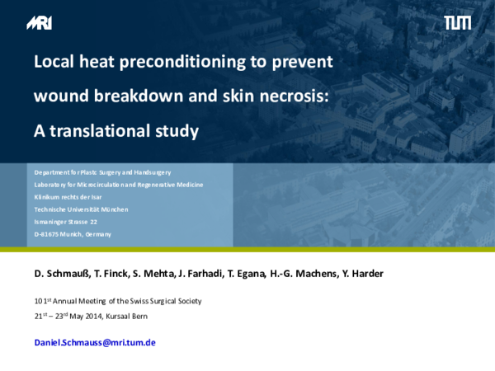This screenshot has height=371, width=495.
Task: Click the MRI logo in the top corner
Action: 38,22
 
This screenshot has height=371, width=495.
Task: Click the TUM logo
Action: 458,22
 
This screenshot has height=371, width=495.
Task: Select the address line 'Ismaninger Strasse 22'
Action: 66,222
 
